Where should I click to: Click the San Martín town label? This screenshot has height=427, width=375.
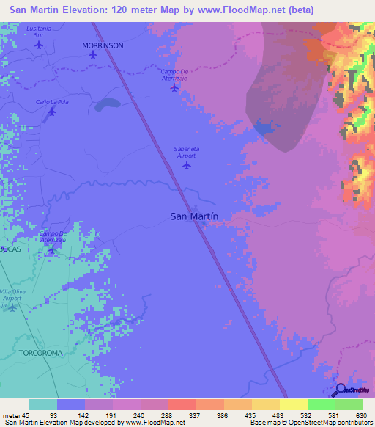click(195, 216)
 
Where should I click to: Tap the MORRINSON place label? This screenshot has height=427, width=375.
click(103, 45)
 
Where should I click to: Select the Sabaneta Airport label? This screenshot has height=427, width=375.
click(187, 152)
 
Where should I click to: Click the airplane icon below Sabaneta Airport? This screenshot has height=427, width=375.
click(186, 164)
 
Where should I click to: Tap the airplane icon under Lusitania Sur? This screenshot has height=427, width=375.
click(39, 44)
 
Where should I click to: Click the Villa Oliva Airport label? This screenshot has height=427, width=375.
click(12, 295)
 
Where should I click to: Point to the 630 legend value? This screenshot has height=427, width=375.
click(360, 415)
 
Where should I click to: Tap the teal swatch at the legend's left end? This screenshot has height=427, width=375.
click(43, 404)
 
